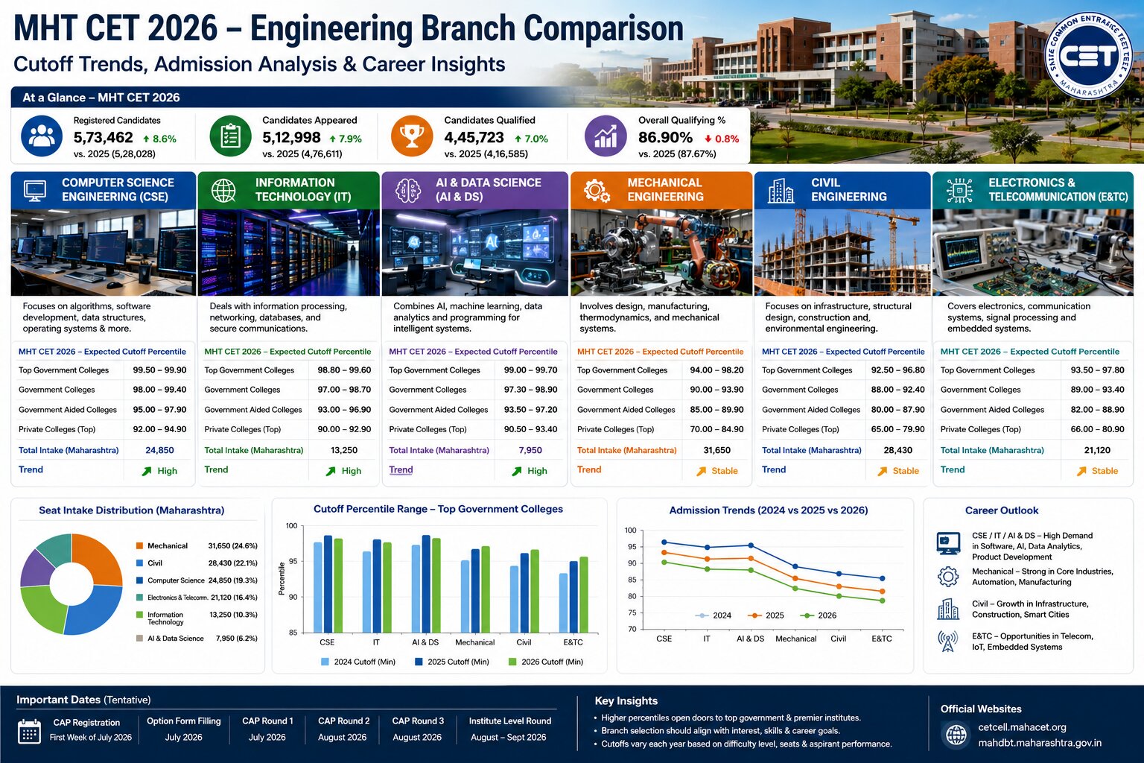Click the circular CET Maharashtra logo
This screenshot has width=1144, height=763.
[x=1088, y=55]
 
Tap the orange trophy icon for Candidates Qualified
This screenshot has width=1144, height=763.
[x=412, y=136]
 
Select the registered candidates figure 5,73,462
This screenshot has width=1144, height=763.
[x=104, y=137]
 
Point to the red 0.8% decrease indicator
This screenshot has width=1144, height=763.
[x=722, y=139]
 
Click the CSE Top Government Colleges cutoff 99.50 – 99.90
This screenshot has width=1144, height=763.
[x=159, y=370]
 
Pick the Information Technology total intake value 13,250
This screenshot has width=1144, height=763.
[x=343, y=450]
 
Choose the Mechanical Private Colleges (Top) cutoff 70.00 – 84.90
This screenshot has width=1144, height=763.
[x=716, y=429]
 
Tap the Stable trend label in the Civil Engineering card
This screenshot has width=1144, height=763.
[x=906, y=471]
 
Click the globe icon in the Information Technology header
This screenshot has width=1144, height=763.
[x=223, y=191]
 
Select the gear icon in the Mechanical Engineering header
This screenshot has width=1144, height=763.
[x=597, y=191]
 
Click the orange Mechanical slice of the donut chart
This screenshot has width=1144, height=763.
[x=98, y=559]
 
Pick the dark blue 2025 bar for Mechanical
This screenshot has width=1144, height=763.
[x=475, y=591]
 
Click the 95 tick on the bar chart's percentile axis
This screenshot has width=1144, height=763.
[x=292, y=561]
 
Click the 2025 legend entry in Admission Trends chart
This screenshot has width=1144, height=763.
[x=766, y=615]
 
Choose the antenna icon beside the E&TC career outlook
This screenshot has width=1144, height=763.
[x=948, y=641]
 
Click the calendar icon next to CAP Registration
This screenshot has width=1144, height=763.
[x=29, y=731]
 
